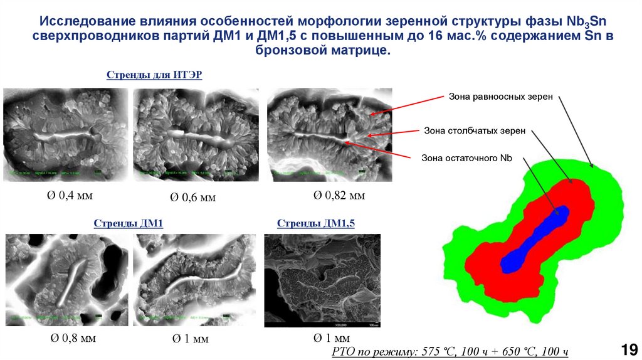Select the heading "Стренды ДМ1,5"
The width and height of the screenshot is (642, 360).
pyautogui.click(x=315, y=223)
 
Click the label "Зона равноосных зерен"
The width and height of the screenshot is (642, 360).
pyautogui.click(x=500, y=97)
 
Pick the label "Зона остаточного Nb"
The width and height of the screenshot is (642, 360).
pyautogui.click(x=466, y=158)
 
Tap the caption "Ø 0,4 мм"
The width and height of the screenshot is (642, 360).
pyautogui.click(x=66, y=196)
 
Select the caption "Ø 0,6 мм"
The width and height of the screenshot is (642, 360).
pyautogui.click(x=192, y=198)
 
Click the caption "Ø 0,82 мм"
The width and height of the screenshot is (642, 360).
pyautogui.click(x=339, y=196)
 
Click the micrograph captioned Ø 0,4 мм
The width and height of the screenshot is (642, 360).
pyautogui.click(x=66, y=134)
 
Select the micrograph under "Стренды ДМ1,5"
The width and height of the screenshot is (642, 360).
pyautogui.click(x=322, y=282)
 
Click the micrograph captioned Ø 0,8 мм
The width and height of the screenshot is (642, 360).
pyautogui.click(x=66, y=280)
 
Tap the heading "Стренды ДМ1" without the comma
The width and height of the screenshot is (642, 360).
pyautogui.click(x=128, y=223)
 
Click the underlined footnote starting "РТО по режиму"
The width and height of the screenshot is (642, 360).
pyautogui.click(x=450, y=352)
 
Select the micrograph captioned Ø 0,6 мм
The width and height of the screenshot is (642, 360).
pyautogui.click(x=196, y=134)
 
